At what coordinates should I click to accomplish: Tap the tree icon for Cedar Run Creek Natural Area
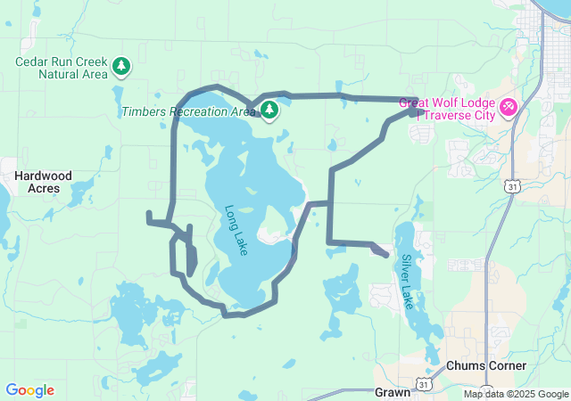point(121,65)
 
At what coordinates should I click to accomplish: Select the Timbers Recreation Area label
point(188,111)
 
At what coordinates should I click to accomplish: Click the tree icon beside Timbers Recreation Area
point(269,110)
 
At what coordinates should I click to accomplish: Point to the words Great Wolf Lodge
point(449,102)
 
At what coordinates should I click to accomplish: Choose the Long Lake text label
point(236,231)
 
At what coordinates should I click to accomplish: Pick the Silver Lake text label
point(408,282)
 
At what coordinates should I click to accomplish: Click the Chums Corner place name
point(486,366)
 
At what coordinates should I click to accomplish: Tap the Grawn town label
point(393,391)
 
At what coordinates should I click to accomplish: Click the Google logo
point(29,390)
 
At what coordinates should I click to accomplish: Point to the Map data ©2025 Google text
point(515,394)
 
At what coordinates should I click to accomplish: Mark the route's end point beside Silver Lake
point(385,255)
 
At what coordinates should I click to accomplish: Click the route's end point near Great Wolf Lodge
point(415,111)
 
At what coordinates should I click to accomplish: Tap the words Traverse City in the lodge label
point(461,116)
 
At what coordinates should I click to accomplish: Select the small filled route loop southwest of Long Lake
point(190,257)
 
